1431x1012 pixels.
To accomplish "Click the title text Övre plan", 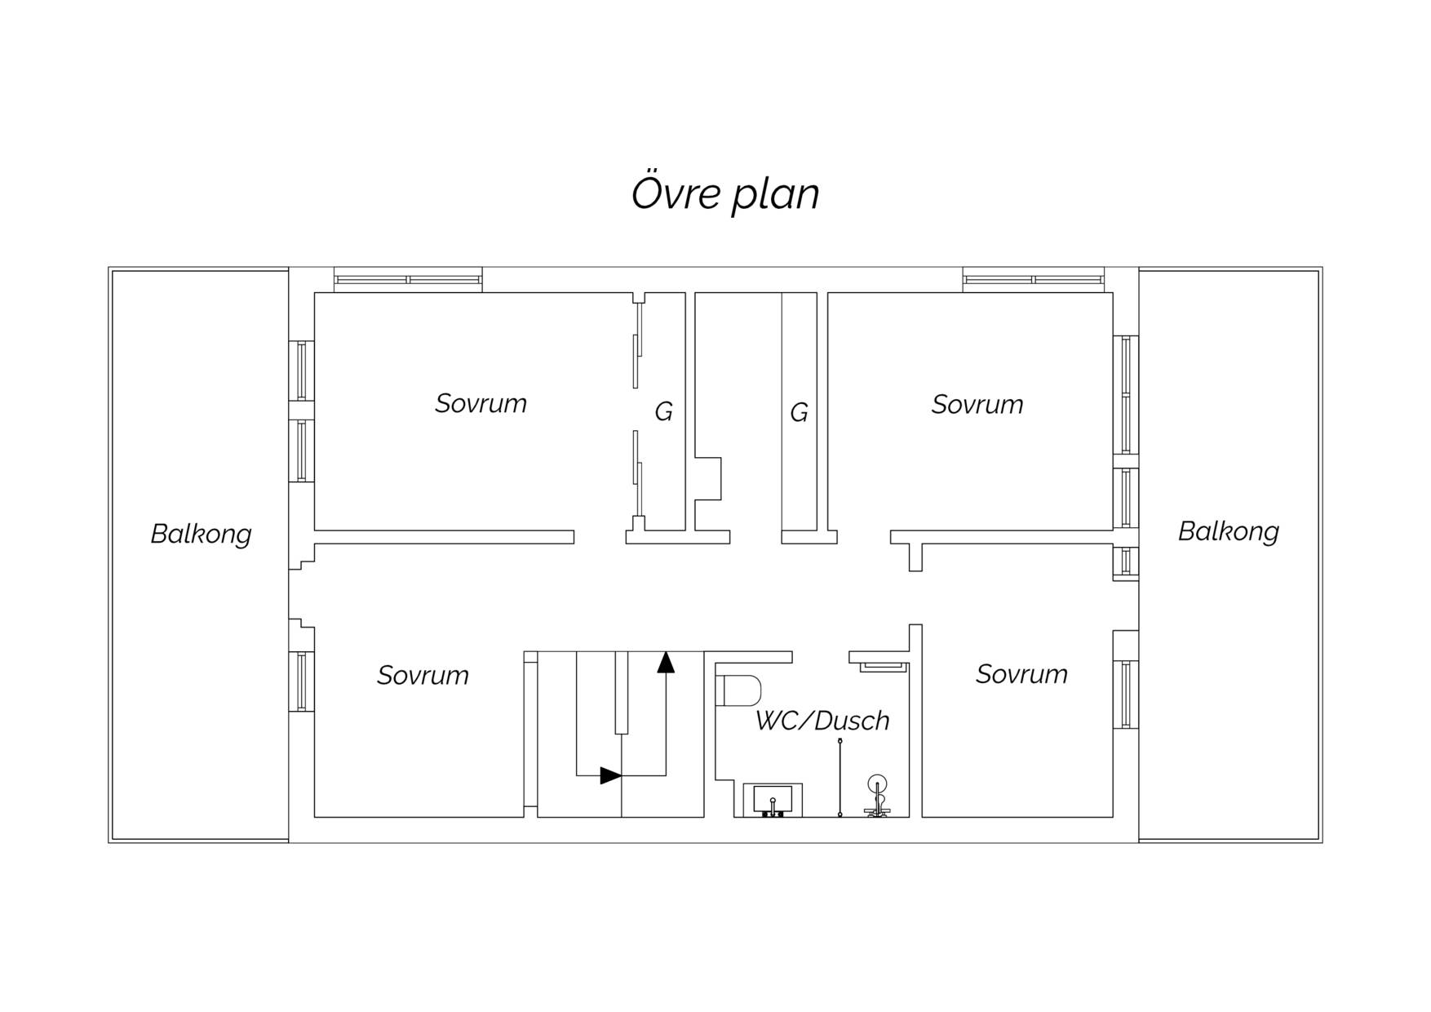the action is tap(725, 193).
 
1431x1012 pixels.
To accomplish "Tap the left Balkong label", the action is tap(201, 534).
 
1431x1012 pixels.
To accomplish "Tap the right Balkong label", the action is tap(1228, 531).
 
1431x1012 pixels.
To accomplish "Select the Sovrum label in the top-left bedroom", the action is tap(481, 403).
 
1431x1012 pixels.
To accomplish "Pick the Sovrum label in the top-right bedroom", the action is tap(977, 404).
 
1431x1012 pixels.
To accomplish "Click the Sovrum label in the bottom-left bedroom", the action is tap(423, 675).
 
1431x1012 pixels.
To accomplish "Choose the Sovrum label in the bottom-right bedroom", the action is tap(1021, 674).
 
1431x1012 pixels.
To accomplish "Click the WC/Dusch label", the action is tap(822, 721).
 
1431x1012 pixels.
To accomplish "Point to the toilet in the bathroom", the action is tap(738, 690).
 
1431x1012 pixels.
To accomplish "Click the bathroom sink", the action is tap(773, 801).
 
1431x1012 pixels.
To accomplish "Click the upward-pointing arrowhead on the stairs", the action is tap(666, 662).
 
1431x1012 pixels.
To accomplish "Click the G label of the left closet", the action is tap(663, 412).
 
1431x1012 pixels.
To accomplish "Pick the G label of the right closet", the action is tap(799, 412).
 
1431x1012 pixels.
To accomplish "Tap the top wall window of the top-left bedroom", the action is tap(408, 280).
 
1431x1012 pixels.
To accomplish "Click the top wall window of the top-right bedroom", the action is tap(1034, 280).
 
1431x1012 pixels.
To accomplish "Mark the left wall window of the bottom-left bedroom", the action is tap(301, 681).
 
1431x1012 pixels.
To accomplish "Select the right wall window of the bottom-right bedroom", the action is tap(1126, 694).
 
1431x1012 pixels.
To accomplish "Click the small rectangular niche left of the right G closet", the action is tap(708, 478).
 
